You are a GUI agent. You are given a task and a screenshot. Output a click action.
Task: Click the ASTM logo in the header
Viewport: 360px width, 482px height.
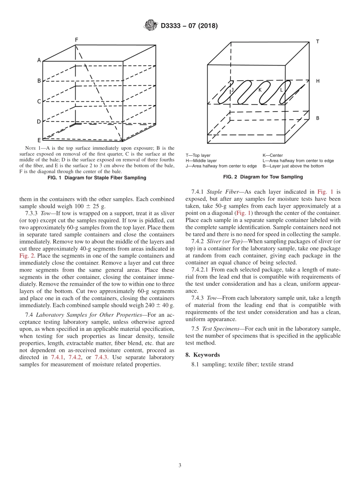click(151, 25)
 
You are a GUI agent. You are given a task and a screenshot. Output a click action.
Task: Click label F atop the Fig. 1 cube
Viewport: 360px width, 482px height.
click(76, 40)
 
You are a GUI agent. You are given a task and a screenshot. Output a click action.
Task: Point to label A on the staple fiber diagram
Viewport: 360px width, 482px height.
click(39, 60)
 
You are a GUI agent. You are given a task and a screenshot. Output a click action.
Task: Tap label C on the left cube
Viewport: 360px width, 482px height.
click(39, 101)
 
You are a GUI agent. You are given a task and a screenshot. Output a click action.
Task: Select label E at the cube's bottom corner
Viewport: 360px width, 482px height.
click(39, 140)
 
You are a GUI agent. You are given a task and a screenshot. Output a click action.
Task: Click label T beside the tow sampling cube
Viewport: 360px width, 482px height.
click(317, 42)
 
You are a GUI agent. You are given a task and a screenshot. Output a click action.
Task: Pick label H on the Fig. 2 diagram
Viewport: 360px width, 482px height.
click(318, 81)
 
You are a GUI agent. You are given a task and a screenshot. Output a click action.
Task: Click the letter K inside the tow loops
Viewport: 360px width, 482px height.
click(260, 90)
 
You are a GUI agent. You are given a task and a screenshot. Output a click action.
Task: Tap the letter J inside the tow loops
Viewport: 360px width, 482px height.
click(232, 90)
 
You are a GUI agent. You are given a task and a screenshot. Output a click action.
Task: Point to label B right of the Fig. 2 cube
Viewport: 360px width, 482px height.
click(318, 118)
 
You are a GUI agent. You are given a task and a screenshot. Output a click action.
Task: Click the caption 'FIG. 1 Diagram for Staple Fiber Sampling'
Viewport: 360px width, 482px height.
click(97, 178)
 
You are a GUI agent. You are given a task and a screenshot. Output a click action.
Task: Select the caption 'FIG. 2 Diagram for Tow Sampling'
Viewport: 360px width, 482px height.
click(263, 177)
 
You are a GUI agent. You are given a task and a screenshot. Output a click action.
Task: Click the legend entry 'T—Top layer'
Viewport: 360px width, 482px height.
click(198, 155)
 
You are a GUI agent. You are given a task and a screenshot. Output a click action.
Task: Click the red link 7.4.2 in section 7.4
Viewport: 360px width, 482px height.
click(75, 357)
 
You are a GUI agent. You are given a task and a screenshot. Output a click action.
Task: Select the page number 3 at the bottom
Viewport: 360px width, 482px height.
click(180, 465)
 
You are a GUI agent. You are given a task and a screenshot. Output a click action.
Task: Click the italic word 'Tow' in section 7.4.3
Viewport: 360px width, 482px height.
click(212, 298)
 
